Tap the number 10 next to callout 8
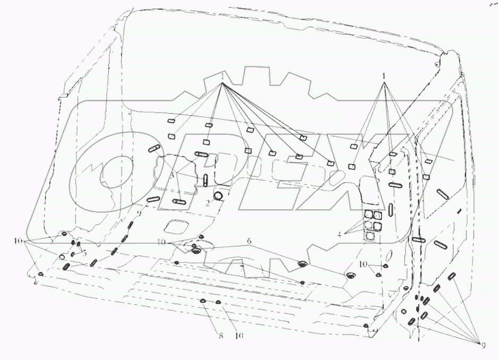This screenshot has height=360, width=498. [x=239, y=336]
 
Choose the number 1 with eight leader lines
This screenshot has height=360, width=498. [x=223, y=76]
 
